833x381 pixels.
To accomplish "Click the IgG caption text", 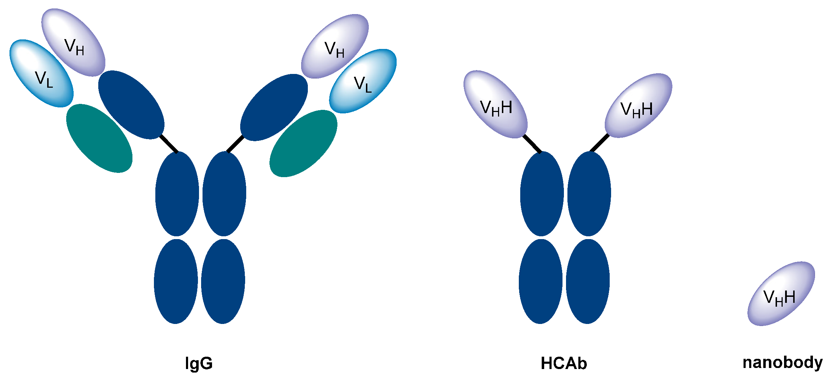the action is tap(199, 363).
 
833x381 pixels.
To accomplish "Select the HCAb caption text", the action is tap(564, 363).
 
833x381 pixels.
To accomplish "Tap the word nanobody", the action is tap(782, 363).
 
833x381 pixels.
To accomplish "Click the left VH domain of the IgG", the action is tap(73, 42).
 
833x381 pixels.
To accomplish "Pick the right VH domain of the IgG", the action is tap(335, 46).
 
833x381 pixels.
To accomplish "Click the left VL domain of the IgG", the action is tap(42, 73).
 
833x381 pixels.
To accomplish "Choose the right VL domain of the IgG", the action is tap(363, 81).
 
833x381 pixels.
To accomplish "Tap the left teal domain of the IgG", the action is tap(99, 138).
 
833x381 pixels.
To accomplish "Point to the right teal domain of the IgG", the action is tap(303, 143).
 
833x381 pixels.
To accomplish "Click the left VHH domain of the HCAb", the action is tap(496, 104).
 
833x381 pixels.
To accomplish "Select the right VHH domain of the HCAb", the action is tap(638, 106).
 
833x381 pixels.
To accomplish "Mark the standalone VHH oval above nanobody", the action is tap(781, 294).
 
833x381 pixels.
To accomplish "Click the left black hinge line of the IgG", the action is tap(169, 144).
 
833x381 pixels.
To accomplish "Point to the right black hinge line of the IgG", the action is tap(235, 144).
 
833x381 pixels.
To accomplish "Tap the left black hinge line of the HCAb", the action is tap(532, 144).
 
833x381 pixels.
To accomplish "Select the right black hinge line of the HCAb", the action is tap(599, 143).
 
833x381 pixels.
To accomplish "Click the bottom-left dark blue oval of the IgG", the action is tap(176, 281).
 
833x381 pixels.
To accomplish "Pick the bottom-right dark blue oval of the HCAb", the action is tap(588, 281).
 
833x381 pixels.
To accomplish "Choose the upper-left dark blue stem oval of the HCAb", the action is tap(542, 194).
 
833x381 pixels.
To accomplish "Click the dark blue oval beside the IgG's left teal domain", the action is tap(131, 105).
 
